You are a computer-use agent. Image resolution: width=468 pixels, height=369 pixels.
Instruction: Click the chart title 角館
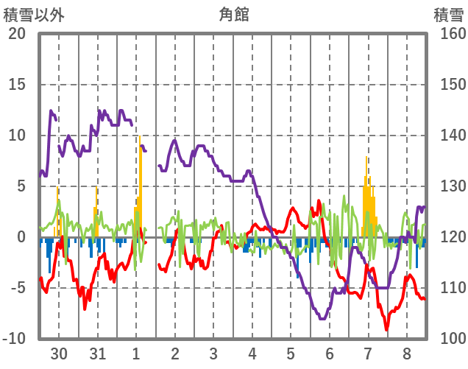233,14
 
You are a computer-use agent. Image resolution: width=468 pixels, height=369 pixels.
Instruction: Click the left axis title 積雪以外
29,14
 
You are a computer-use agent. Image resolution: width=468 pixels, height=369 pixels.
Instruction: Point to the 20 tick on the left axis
17,34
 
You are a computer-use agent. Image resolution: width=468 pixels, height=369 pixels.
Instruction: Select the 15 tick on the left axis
17,85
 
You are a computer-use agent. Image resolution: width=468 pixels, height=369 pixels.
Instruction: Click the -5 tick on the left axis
17,288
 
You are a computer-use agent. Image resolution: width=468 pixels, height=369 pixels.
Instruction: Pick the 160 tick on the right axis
448,34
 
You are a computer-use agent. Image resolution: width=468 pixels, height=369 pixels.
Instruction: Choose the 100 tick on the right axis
448,339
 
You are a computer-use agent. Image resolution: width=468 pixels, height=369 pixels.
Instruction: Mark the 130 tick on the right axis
448,186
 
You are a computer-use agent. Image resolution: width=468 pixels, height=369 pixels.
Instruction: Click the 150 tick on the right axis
448,85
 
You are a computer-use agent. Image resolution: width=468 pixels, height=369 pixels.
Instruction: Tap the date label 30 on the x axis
59,353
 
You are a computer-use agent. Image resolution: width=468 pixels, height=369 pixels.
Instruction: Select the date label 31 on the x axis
97,353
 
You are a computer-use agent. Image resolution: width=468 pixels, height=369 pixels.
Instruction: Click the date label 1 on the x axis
136,353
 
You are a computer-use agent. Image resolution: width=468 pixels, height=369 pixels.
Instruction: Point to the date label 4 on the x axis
252,353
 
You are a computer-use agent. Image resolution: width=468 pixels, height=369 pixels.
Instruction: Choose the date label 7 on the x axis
368,353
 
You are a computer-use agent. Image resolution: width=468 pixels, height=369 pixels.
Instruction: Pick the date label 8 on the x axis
407,353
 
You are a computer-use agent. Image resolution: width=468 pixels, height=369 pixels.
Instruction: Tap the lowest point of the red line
386,329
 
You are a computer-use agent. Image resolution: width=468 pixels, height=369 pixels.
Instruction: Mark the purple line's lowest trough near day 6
322,318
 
